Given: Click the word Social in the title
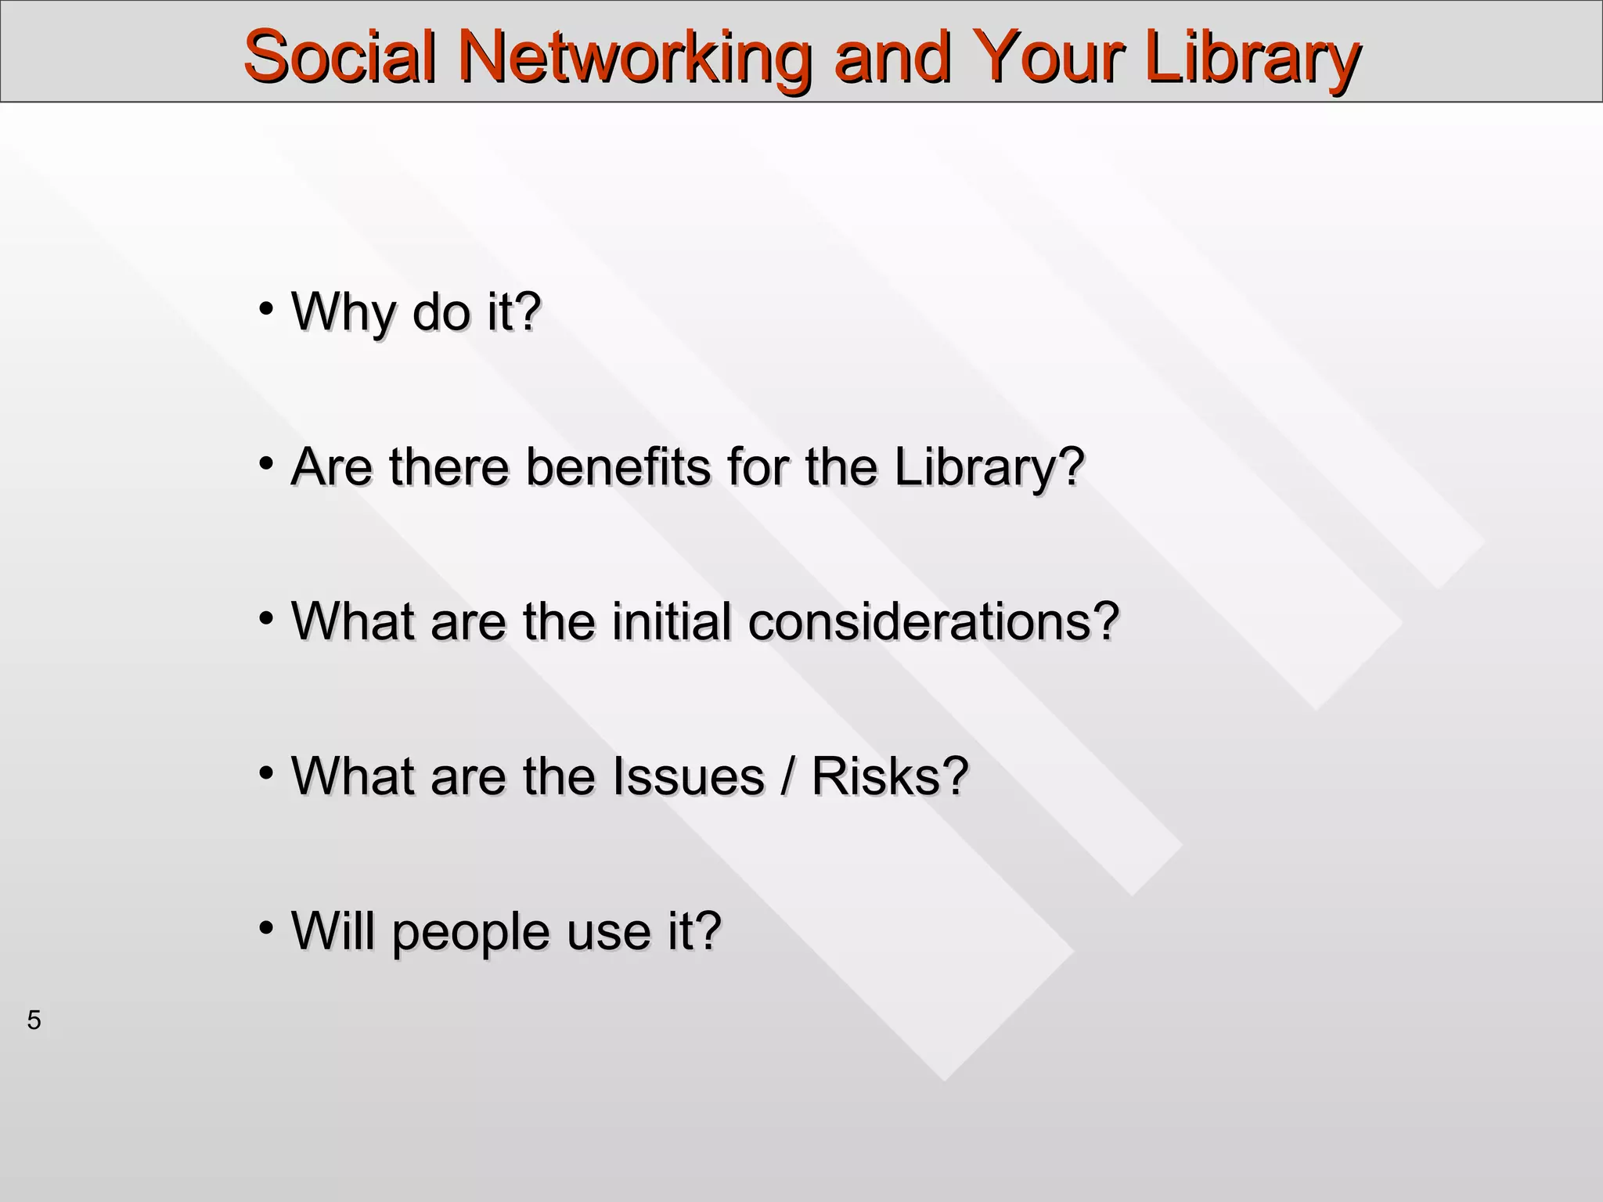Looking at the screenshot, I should pyautogui.click(x=339, y=56).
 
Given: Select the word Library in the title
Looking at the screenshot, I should pyautogui.click(x=1252, y=56).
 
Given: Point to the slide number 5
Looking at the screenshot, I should pyautogui.click(x=34, y=1020).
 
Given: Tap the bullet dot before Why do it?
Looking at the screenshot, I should pyautogui.click(x=266, y=307).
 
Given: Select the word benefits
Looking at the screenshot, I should pyautogui.click(x=618, y=466).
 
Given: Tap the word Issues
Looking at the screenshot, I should pyautogui.click(x=688, y=776).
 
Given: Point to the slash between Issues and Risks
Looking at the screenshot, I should pyautogui.click(x=787, y=776).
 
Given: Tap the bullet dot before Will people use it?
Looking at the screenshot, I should pyautogui.click(x=266, y=927).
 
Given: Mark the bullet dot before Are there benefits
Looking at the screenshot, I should pyautogui.click(x=266, y=462).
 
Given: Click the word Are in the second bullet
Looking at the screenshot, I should pyautogui.click(x=331, y=466).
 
